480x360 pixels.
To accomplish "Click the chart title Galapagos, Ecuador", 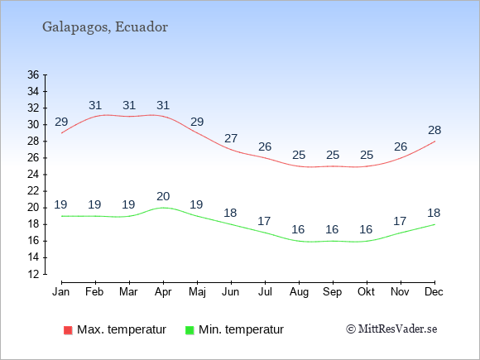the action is click(x=105, y=27).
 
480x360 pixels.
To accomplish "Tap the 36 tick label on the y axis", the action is click(x=33, y=74).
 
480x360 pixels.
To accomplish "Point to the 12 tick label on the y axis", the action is click(x=33, y=274).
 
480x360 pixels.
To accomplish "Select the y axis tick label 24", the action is click(x=33, y=175).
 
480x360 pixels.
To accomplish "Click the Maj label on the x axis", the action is click(x=197, y=292).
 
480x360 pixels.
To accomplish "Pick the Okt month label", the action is click(x=366, y=292).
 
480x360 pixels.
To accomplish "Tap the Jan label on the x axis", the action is click(x=61, y=292).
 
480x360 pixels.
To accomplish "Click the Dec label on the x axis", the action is click(x=434, y=292).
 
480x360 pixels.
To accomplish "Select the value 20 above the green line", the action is click(x=163, y=196).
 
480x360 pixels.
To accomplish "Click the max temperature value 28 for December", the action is click(x=434, y=131).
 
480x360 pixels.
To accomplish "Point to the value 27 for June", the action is click(x=231, y=139).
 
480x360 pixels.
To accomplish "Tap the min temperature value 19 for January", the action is click(x=60, y=204).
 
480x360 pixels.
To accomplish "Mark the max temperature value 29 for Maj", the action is click(x=197, y=122).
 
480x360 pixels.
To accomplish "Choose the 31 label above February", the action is click(x=95, y=106).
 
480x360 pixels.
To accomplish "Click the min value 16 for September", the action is click(x=332, y=229).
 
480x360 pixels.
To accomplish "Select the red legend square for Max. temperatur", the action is click(x=68, y=330).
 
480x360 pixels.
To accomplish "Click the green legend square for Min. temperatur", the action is click(x=190, y=330).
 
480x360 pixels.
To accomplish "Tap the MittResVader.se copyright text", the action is click(x=391, y=329).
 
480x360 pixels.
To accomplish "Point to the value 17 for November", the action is click(x=400, y=221).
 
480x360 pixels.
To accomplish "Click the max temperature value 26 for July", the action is click(x=265, y=147).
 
